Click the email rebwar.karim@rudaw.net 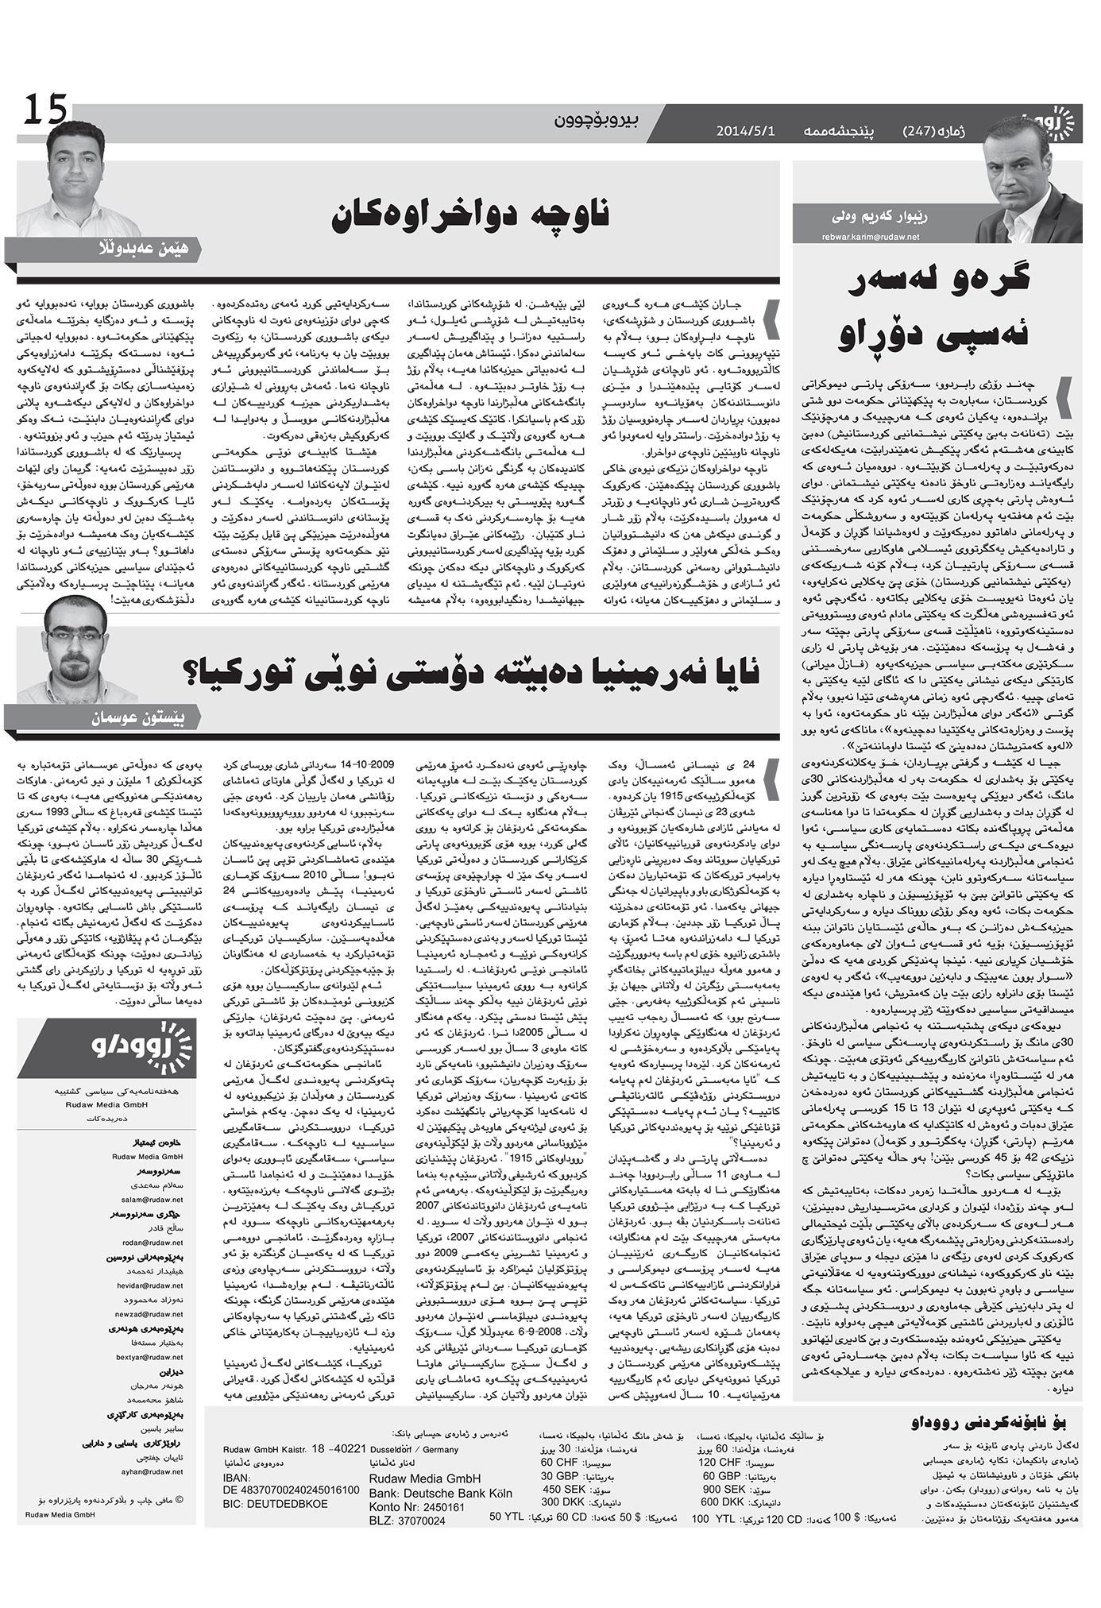click(871, 236)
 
